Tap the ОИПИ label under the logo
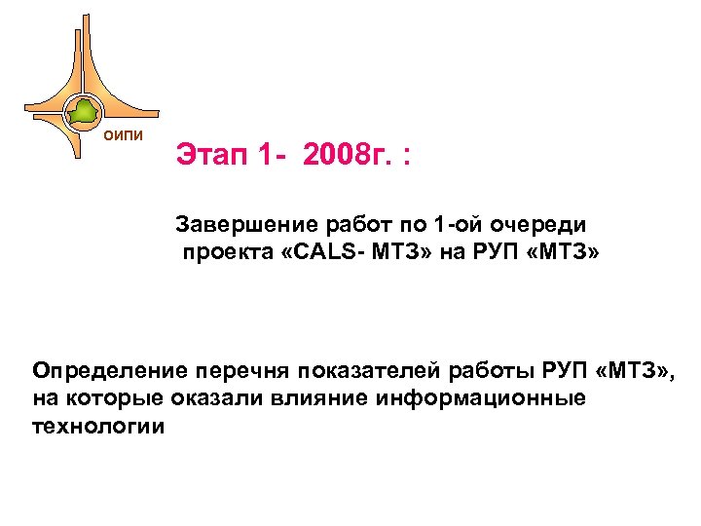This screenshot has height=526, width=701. tap(125, 134)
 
